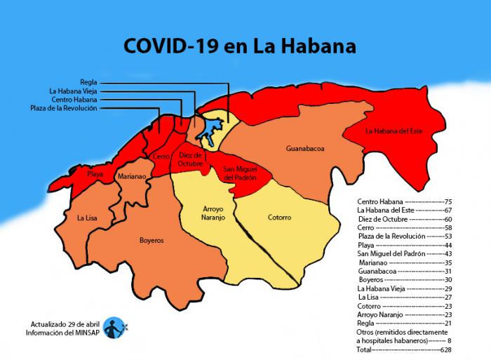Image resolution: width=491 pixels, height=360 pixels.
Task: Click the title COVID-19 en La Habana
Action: (240, 46)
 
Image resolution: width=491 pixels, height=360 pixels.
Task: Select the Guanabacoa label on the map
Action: (305, 149)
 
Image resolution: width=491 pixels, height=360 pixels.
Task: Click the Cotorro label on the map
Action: (279, 218)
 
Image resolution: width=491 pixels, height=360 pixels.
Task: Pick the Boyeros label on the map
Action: (152, 240)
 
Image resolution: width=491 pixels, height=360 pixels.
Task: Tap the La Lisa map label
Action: (87, 218)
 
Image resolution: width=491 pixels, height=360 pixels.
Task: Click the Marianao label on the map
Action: (132, 177)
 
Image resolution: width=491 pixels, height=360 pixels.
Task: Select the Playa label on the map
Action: (95, 173)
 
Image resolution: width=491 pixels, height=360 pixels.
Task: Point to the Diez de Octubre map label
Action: (190, 159)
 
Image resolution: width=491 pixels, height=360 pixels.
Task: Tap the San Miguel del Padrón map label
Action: (240, 173)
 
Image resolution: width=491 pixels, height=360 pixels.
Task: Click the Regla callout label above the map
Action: (88, 82)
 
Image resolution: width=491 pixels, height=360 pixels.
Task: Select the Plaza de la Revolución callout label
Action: (64, 108)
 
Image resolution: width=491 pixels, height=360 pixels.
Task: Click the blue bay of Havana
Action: (208, 130)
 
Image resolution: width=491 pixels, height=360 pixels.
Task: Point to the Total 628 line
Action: (404, 349)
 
